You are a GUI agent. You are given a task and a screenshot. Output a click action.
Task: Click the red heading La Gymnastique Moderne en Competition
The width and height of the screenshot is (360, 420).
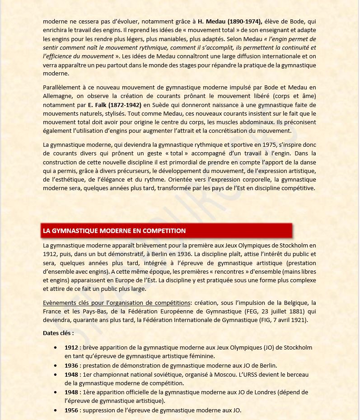point(114,231)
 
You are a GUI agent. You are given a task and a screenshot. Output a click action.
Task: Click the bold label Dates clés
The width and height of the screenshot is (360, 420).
point(58,333)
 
